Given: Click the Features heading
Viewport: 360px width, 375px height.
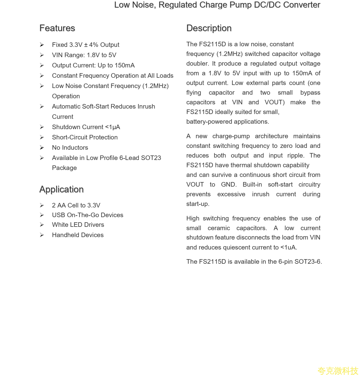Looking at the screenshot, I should click(x=57, y=28).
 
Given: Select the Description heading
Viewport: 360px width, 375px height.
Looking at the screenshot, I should click(x=209, y=28).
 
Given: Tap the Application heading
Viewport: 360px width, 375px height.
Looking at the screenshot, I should click(x=61, y=189).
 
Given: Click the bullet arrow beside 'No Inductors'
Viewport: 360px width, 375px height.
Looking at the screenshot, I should click(x=42, y=148).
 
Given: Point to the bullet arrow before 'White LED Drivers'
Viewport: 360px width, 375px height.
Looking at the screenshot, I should click(x=42, y=225).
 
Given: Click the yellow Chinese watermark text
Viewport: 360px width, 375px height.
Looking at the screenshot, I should click(x=338, y=370).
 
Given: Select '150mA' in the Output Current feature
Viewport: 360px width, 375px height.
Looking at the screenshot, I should click(x=125, y=65).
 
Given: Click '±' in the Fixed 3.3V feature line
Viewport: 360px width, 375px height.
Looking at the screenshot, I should click(x=86, y=45).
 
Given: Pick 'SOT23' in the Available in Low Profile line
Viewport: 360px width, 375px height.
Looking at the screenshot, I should click(x=151, y=158).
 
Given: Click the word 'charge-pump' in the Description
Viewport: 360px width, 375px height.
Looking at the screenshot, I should click(x=231, y=136).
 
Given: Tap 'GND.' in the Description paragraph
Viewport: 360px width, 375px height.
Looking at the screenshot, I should click(x=229, y=184).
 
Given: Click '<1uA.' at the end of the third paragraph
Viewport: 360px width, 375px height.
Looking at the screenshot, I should click(x=289, y=247).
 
